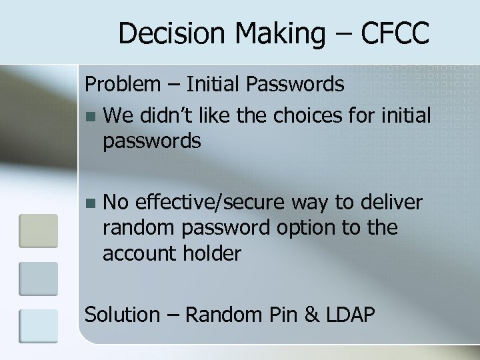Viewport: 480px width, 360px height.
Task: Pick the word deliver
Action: (391, 202)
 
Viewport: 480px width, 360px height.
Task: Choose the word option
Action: (303, 227)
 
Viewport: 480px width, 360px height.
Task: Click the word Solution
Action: (123, 314)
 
